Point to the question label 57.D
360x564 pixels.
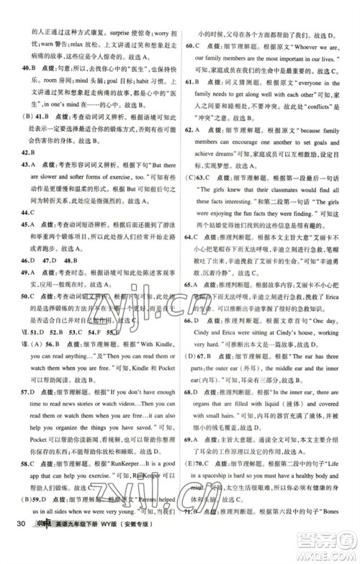coord(30,392)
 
